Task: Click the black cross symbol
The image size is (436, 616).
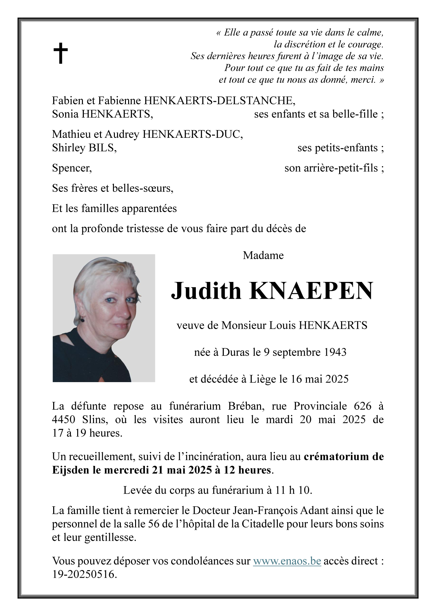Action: point(60,53)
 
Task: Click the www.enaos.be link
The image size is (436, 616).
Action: point(287,561)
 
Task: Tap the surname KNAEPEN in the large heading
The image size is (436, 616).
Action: point(311,291)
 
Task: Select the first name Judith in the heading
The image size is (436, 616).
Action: point(206,291)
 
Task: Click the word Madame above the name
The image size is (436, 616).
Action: point(263,255)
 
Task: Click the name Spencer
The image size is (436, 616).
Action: point(72,168)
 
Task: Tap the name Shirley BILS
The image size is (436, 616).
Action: point(84,148)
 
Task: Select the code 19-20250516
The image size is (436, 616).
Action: point(84,574)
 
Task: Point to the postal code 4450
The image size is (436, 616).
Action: point(64,419)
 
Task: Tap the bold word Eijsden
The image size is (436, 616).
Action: point(71,470)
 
